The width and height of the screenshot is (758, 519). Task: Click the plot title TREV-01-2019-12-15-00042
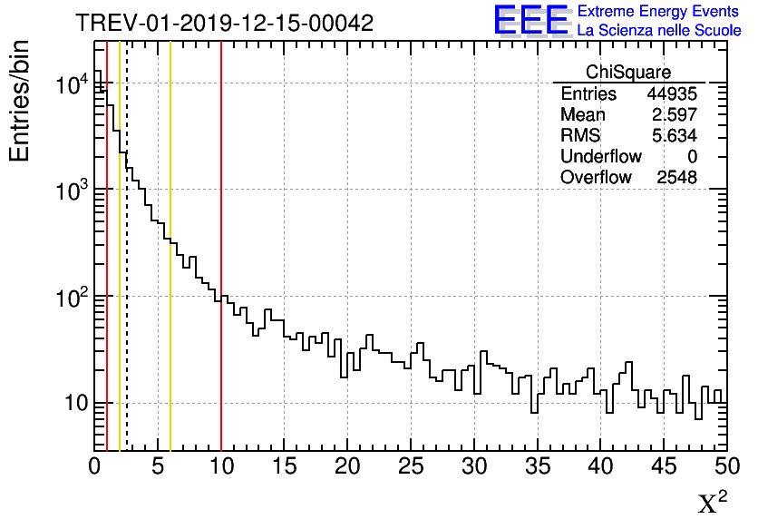coord(224,24)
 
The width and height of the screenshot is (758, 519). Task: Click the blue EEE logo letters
coord(531,20)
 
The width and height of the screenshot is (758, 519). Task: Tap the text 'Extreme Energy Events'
coord(659,12)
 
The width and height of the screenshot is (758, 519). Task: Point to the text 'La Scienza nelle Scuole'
coord(659,31)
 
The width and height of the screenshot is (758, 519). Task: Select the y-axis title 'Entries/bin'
coord(20,101)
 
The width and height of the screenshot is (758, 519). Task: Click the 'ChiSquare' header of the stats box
coord(628,73)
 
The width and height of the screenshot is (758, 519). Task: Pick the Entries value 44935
coord(671,94)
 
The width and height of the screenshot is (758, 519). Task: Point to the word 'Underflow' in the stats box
coord(600,157)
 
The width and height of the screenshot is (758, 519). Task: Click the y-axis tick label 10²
coord(71,296)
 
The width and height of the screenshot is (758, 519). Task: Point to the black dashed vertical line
coord(127,272)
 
